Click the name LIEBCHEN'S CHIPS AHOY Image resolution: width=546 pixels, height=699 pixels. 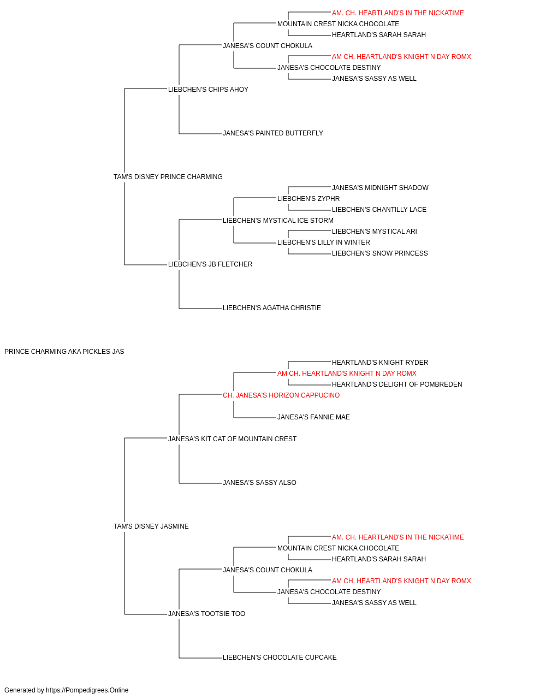click(208, 90)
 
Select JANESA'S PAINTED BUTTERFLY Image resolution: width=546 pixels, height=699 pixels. click(272, 133)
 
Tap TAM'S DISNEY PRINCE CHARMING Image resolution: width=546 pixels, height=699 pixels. click(168, 177)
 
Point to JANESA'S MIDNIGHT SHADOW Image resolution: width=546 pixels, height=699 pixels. click(380, 188)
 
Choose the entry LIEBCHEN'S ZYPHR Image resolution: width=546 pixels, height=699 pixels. click(308, 199)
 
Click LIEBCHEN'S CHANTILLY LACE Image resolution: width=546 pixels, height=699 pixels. click(379, 210)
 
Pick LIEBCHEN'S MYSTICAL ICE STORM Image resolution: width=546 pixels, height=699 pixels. click(278, 221)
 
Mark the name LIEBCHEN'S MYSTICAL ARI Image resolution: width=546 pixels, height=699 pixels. click(375, 232)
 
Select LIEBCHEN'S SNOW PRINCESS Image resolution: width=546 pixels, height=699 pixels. click(380, 253)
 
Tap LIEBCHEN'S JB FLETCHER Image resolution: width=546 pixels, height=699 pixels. click(210, 264)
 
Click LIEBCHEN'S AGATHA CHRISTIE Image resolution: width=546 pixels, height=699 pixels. click(272, 308)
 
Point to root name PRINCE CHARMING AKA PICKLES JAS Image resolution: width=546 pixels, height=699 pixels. click(64, 352)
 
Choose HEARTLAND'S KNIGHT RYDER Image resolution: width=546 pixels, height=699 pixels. click(380, 363)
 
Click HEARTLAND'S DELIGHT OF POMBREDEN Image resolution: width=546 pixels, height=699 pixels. click(397, 384)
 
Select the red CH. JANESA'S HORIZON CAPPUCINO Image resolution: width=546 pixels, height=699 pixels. click(281, 395)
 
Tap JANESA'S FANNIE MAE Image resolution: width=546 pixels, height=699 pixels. click(313, 417)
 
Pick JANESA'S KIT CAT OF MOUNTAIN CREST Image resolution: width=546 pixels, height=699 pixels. click(232, 439)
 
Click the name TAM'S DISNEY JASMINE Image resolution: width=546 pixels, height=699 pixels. click(151, 526)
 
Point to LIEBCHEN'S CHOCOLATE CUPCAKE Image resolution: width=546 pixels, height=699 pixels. click(280, 657)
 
